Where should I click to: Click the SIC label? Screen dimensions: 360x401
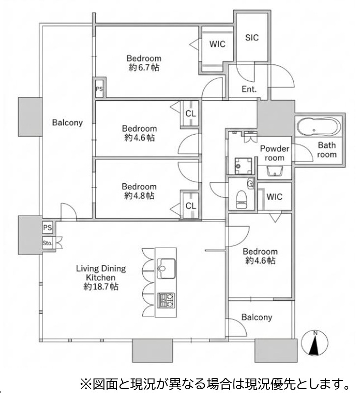[x=251, y=37]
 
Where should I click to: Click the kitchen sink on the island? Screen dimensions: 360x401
[x=166, y=268]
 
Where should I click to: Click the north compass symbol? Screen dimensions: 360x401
[x=314, y=343]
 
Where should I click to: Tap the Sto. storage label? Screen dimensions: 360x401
[x=47, y=243]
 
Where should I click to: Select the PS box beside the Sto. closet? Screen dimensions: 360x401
[x=48, y=228]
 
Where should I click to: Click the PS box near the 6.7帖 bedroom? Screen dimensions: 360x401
[x=99, y=89]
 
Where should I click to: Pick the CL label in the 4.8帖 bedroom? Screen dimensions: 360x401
[x=191, y=206]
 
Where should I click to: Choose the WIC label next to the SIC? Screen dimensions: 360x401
[x=217, y=44]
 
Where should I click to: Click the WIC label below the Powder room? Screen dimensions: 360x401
[x=275, y=197]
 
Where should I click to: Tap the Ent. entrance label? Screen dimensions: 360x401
[x=249, y=89]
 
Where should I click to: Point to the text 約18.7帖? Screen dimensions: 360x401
[x=101, y=286]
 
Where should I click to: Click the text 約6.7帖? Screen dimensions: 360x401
[x=144, y=67]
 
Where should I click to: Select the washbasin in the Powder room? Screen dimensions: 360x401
[x=275, y=172]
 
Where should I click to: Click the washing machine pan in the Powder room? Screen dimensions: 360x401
[x=244, y=166]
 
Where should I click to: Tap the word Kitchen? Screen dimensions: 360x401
[x=101, y=278]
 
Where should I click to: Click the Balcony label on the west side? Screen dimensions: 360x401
[x=67, y=122]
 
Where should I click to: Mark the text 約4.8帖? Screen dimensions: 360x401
[x=139, y=196]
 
